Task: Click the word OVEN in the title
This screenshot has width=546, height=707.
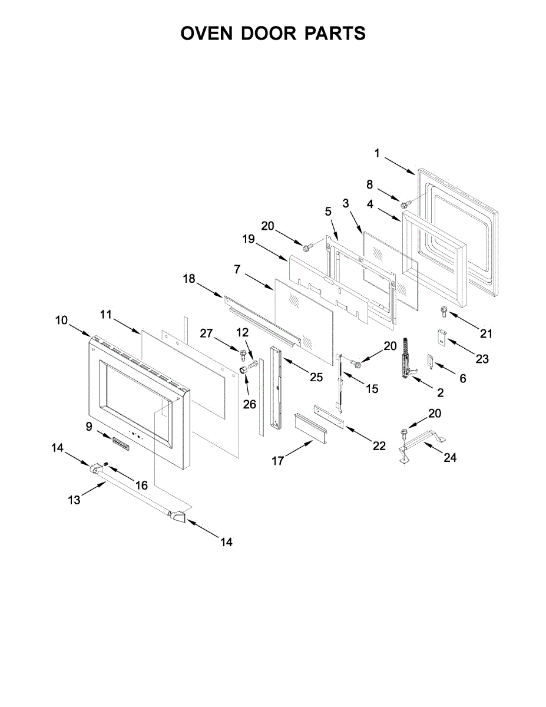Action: [208, 34]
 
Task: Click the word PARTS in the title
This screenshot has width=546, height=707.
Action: [335, 34]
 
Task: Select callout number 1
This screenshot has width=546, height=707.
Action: [377, 154]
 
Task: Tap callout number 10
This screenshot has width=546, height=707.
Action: [62, 321]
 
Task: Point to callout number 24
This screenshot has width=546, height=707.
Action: [450, 457]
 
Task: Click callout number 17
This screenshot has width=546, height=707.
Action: [278, 461]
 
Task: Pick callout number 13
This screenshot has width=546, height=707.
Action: [74, 500]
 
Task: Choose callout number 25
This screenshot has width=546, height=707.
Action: [316, 378]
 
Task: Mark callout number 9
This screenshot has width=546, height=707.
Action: [90, 427]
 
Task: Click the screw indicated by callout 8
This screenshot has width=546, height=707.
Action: [405, 204]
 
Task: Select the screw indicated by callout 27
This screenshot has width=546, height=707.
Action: [243, 354]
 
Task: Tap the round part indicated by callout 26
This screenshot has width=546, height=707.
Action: [243, 369]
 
